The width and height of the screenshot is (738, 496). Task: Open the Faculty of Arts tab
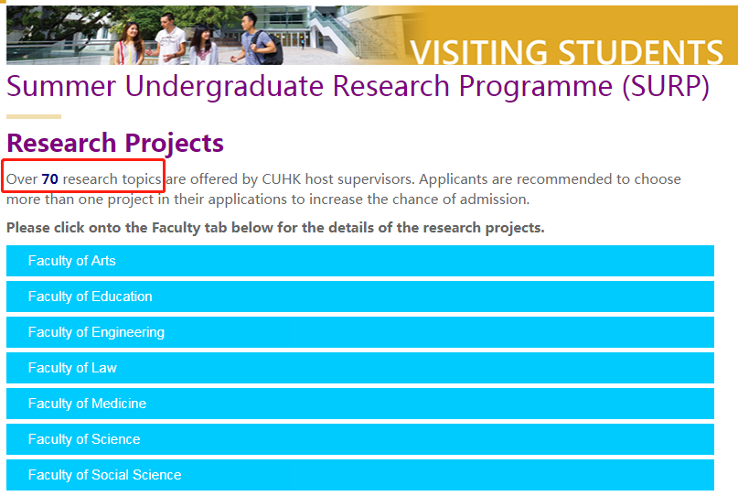(x=360, y=261)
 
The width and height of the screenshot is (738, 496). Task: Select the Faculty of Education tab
(x=360, y=297)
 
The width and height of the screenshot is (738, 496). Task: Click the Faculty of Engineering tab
(x=360, y=332)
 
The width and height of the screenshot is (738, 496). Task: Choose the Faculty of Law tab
(x=360, y=368)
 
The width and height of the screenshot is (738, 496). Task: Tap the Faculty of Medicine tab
(x=360, y=404)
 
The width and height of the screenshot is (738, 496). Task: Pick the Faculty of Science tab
(x=360, y=439)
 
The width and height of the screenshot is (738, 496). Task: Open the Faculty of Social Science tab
(x=360, y=475)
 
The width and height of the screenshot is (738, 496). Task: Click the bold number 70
(x=50, y=179)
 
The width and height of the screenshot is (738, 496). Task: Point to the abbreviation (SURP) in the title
(x=666, y=87)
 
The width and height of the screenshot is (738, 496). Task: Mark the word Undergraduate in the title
(x=224, y=87)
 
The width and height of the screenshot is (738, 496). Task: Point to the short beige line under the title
(x=34, y=116)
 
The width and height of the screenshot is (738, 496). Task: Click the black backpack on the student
(x=273, y=49)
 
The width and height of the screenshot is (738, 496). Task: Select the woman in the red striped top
(x=128, y=44)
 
